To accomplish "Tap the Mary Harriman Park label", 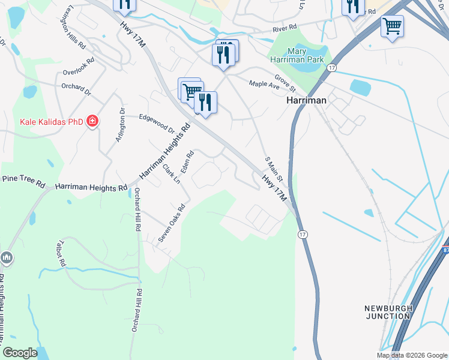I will (297, 55).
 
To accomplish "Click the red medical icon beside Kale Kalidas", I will (92, 122).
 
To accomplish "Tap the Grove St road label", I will (285, 83).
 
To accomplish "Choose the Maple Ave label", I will (265, 85).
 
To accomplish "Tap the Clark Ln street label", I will (172, 174).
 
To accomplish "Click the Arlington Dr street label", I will (120, 125).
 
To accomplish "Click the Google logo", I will (20, 353).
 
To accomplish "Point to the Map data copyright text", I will (411, 355).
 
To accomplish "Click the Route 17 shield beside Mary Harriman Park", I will (331, 68).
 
